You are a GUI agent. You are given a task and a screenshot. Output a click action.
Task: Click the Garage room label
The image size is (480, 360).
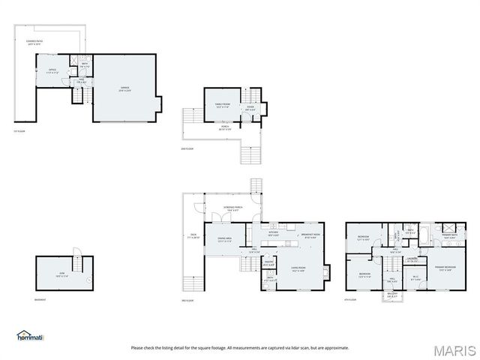tap(124, 88)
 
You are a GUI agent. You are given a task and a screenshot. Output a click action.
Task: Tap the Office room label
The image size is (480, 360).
tap(52, 70)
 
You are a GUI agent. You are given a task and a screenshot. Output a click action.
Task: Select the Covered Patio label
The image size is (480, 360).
tap(35, 42)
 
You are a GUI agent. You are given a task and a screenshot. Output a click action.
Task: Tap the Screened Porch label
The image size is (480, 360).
tap(232, 208)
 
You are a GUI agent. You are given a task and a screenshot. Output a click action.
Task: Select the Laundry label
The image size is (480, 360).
tap(412, 259)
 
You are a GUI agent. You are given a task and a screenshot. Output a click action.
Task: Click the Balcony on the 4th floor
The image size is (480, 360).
tap(392, 295)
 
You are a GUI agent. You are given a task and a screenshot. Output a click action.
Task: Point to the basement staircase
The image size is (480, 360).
tap(74, 253)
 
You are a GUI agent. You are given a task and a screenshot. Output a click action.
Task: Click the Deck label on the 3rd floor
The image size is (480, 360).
tap(193, 236)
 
